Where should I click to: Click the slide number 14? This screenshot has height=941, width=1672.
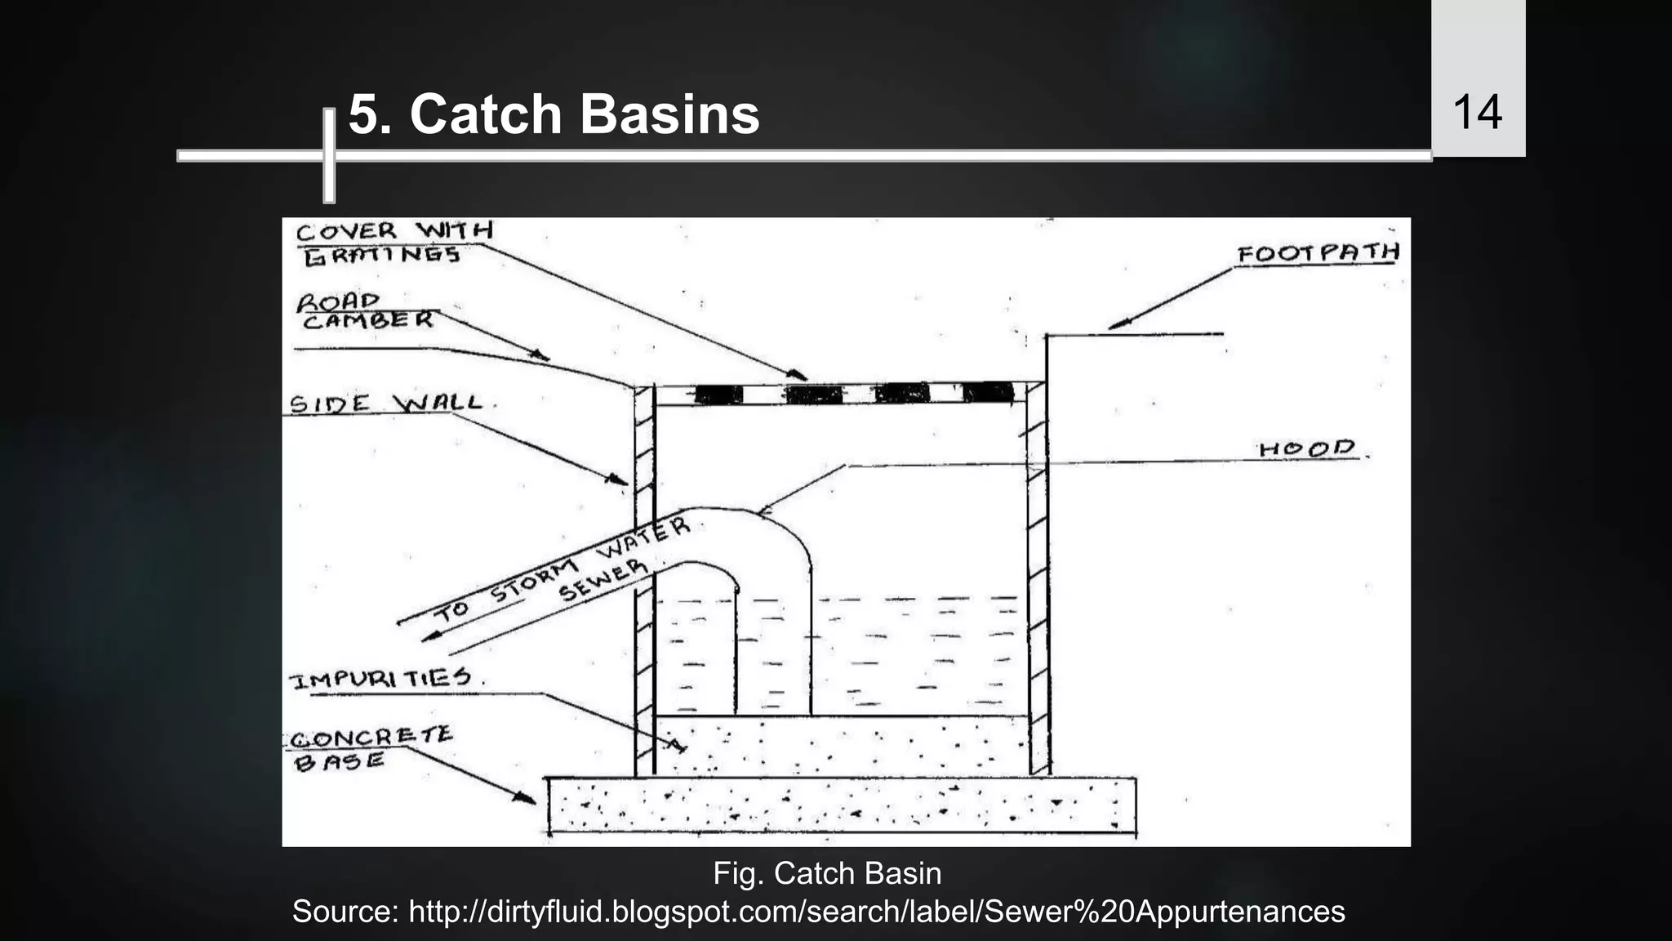click(x=1477, y=113)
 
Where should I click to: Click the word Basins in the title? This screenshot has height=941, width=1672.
click(x=669, y=114)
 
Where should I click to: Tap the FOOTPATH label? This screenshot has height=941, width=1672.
click(x=1317, y=254)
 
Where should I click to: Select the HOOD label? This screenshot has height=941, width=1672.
click(x=1306, y=448)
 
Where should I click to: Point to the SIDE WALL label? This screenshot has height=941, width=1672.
click(x=385, y=404)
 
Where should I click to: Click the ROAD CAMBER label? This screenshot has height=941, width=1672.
click(x=363, y=311)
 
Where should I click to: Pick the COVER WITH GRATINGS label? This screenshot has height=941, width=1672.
click(x=392, y=243)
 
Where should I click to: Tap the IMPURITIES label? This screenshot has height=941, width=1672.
click(x=380, y=678)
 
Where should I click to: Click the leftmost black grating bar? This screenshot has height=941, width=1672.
click(x=718, y=395)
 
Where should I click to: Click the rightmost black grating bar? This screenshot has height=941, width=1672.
click(x=988, y=393)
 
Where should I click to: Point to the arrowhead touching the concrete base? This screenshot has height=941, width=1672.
click(x=524, y=796)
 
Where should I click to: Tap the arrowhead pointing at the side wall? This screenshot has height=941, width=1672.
click(x=616, y=479)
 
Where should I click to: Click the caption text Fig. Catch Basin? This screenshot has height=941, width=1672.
click(x=827, y=873)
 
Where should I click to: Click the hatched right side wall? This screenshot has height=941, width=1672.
click(x=1038, y=572)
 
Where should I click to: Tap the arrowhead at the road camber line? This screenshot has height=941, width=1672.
click(x=539, y=355)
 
